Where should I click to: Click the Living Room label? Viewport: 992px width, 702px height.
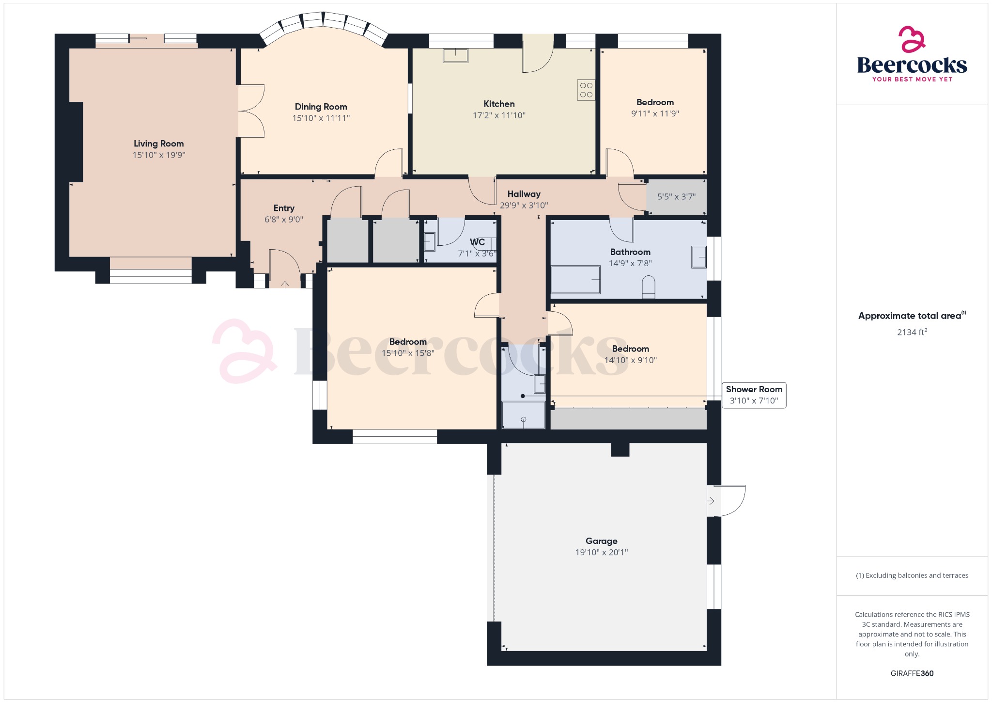(x=158, y=144)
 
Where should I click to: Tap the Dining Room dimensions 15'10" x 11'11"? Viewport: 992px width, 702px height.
(x=321, y=118)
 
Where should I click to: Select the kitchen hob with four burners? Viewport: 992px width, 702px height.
(x=586, y=90)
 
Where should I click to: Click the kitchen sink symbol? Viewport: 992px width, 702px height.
(x=455, y=56)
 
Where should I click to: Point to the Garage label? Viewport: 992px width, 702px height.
(x=601, y=541)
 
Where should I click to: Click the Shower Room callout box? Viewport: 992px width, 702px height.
(x=754, y=395)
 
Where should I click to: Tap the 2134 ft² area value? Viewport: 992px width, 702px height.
(x=912, y=332)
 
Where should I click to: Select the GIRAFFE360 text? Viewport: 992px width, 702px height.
(x=912, y=673)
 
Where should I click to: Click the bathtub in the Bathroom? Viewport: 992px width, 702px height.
(x=575, y=279)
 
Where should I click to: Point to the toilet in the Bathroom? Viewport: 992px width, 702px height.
(x=648, y=287)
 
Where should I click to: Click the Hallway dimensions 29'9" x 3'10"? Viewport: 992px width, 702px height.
(x=524, y=205)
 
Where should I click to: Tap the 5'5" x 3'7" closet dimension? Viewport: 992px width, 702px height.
(x=676, y=196)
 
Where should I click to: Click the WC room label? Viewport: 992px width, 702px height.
(x=477, y=242)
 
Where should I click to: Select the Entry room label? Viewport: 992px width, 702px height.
(x=284, y=208)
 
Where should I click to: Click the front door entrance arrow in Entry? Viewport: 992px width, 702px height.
(x=285, y=285)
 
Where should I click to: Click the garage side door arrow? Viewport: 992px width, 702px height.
(x=711, y=500)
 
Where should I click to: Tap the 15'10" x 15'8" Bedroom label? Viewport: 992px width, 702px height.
(x=408, y=342)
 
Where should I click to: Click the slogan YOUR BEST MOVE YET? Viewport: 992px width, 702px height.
(x=912, y=79)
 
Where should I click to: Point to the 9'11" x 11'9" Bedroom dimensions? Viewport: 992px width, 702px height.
(x=655, y=113)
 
